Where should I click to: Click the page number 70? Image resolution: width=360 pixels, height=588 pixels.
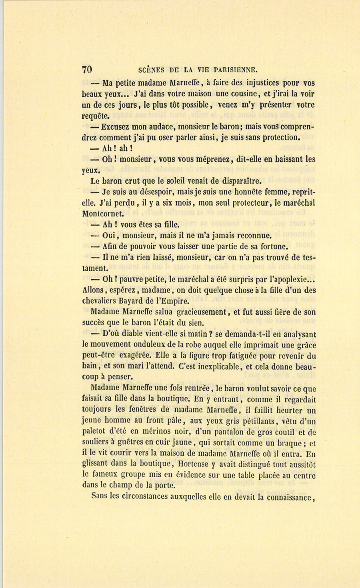[87, 69]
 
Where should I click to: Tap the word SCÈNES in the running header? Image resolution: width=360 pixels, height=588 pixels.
[151, 70]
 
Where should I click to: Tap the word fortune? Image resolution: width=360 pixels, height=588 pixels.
[273, 246]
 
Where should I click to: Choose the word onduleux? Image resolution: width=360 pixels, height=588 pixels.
[146, 344]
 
